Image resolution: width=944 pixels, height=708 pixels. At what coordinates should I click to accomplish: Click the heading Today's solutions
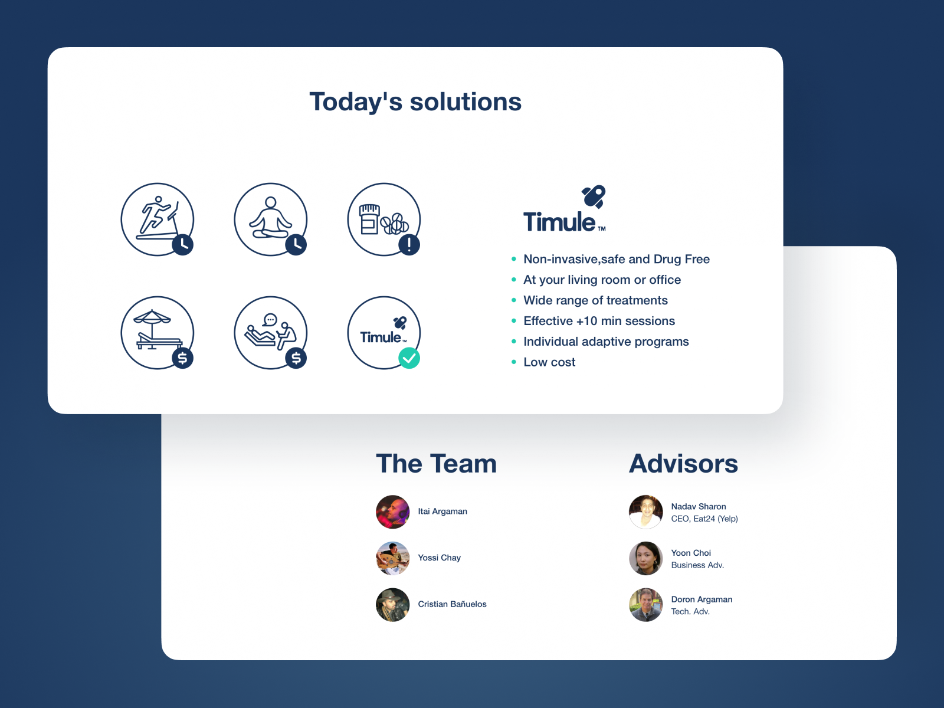(x=415, y=102)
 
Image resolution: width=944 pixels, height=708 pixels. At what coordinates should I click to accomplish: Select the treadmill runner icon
(x=158, y=219)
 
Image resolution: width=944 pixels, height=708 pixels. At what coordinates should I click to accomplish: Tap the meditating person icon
(x=270, y=219)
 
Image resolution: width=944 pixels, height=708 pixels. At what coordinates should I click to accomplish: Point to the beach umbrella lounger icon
(x=158, y=332)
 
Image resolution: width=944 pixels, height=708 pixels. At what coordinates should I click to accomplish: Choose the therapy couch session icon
(x=270, y=332)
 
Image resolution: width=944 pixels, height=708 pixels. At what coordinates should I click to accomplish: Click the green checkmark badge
(x=409, y=358)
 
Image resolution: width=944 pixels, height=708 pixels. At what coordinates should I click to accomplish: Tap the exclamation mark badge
(x=409, y=245)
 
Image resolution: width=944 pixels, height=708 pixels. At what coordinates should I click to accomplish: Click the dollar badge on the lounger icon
(x=183, y=358)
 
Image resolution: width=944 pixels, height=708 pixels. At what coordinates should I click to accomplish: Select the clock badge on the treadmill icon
(x=183, y=245)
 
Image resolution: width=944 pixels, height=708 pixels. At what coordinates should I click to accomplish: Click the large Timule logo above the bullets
(x=564, y=209)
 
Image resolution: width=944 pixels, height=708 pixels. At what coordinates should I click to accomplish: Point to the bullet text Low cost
(x=549, y=362)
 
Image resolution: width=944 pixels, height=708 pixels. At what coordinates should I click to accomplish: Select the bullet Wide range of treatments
(x=595, y=300)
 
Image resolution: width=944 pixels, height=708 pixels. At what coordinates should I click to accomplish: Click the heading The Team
(x=436, y=463)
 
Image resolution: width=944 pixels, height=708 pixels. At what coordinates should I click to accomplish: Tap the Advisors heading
(x=683, y=463)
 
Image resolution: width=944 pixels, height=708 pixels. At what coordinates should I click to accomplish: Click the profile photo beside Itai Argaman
(x=393, y=512)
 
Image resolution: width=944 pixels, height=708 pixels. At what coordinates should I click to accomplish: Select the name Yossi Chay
(x=439, y=558)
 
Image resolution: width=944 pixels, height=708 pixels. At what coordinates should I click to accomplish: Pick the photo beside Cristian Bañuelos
(x=393, y=604)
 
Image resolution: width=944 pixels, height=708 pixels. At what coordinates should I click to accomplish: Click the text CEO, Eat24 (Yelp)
(x=704, y=519)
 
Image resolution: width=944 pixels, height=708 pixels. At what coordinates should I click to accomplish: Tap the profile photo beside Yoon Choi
(x=645, y=558)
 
